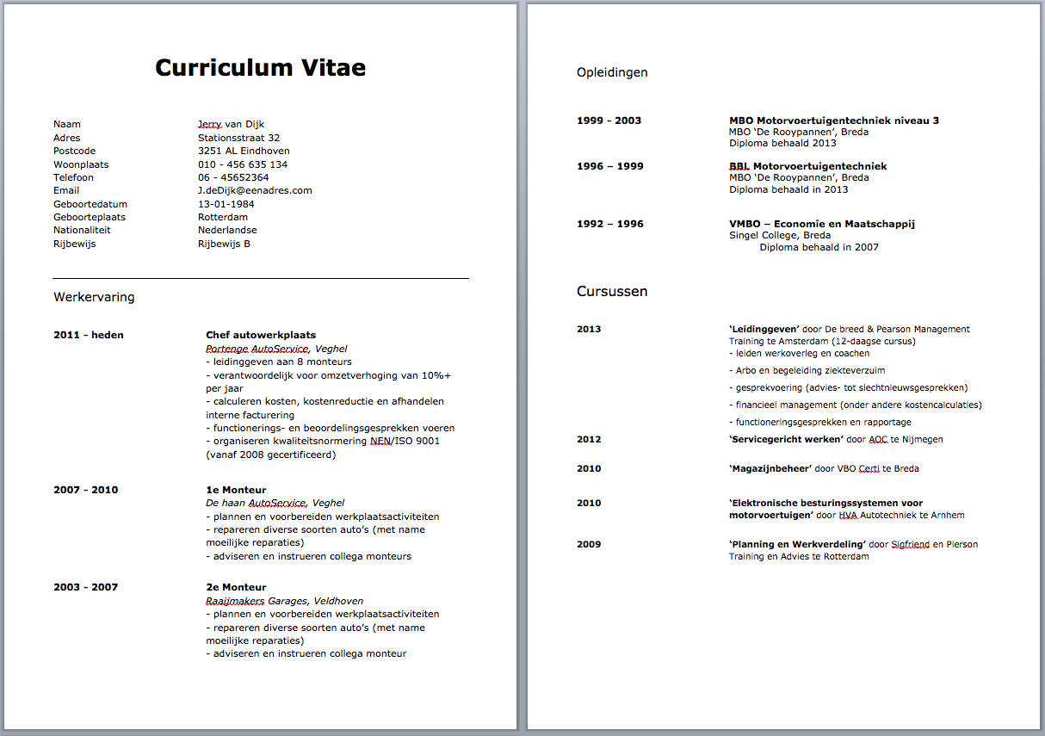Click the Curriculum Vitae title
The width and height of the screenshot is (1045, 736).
pos(260,68)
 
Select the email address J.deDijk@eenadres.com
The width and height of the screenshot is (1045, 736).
pos(255,190)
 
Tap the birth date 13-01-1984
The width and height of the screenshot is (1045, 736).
pos(226,204)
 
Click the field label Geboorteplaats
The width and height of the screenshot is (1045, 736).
pos(90,217)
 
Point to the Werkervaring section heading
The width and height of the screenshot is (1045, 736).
pos(94,298)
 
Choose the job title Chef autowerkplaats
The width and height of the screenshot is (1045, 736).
pos(261,335)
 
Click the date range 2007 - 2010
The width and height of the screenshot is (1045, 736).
pos(86,490)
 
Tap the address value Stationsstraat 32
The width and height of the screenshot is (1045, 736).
pos(238,138)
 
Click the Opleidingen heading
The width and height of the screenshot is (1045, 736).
pos(612,72)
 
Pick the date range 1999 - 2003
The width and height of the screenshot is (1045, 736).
pos(609,121)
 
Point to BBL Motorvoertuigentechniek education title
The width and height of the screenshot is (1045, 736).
pos(807,166)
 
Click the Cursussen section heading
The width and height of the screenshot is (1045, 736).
pos(612,292)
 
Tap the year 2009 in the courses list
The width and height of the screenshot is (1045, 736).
pos(589,544)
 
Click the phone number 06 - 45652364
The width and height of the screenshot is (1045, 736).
pos(233,177)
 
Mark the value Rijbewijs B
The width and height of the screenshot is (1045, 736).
pos(224,244)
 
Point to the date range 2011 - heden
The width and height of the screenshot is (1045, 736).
pos(89,335)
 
